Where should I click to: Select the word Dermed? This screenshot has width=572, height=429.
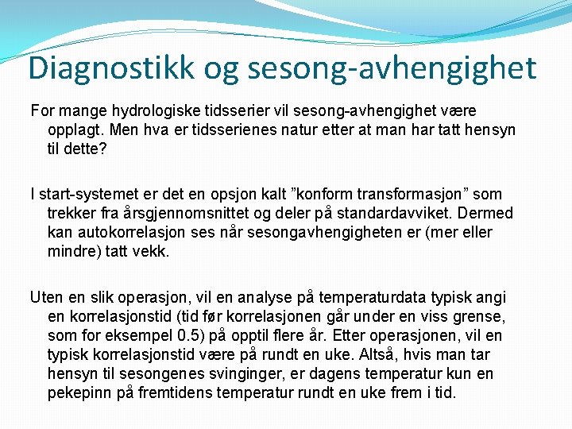pos(487,213)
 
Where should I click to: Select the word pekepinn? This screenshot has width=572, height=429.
pos(79,392)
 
